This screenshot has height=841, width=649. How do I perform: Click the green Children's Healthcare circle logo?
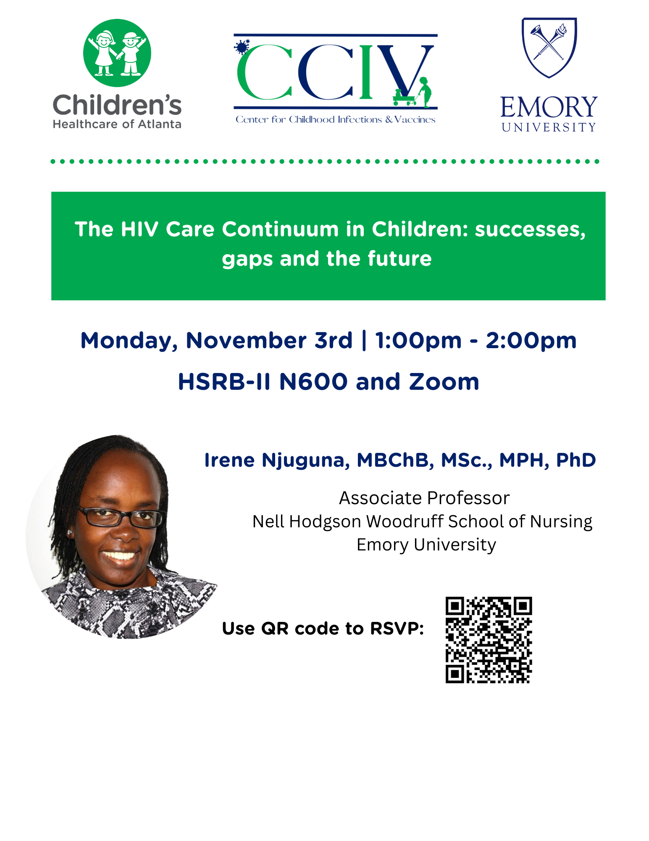(117, 53)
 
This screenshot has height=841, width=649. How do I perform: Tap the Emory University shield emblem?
(549, 48)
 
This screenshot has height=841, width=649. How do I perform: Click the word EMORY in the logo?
(549, 107)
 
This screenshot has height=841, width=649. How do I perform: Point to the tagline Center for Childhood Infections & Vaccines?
(335, 119)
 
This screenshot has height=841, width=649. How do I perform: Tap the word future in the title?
(399, 259)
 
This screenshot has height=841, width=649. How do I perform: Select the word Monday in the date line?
(129, 341)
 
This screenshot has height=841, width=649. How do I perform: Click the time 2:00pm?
(531, 341)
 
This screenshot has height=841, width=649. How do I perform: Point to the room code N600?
(313, 382)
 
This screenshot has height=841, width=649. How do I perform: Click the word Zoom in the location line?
(444, 382)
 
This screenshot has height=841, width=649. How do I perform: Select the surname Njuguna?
(306, 461)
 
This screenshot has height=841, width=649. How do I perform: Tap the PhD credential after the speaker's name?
(576, 460)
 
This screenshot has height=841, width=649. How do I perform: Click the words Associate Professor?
(424, 498)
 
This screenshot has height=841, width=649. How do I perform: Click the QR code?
(489, 640)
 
